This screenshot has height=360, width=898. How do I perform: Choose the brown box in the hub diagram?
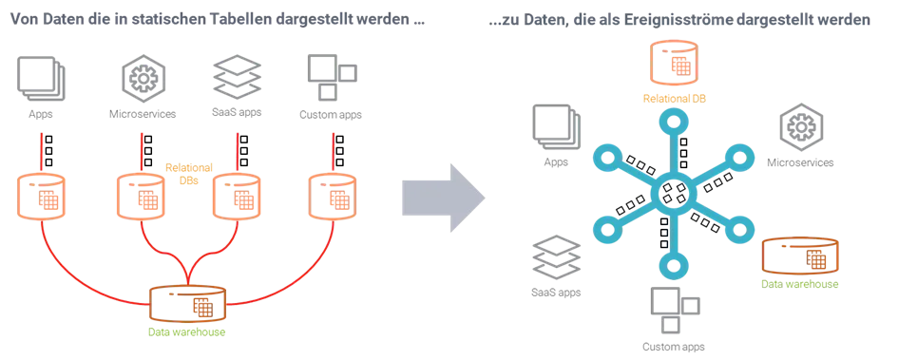click(801, 256)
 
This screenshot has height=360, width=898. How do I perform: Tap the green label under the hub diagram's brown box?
click(802, 283)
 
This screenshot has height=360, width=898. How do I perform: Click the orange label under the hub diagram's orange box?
click(676, 97)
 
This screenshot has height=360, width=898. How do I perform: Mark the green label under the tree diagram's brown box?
click(187, 332)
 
